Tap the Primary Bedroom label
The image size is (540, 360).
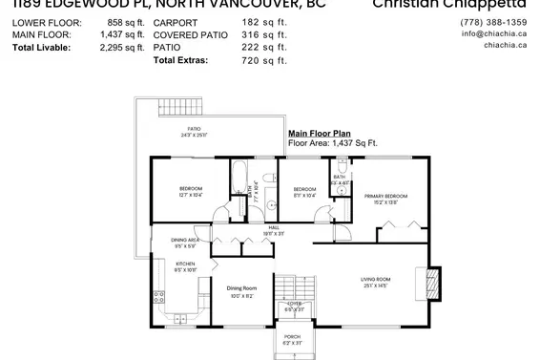(x=385, y=199)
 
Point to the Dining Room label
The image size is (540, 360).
(x=241, y=291)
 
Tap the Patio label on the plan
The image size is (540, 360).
(x=193, y=134)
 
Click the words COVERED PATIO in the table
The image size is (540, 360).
(x=196, y=33)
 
